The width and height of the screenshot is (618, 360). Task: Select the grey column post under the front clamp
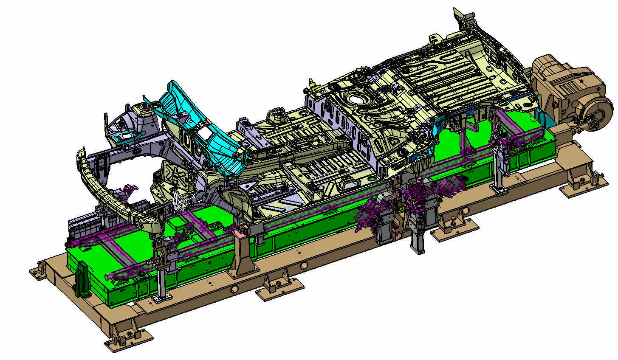(161, 284)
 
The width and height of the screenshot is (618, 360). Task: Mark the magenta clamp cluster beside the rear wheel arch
(418, 193)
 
